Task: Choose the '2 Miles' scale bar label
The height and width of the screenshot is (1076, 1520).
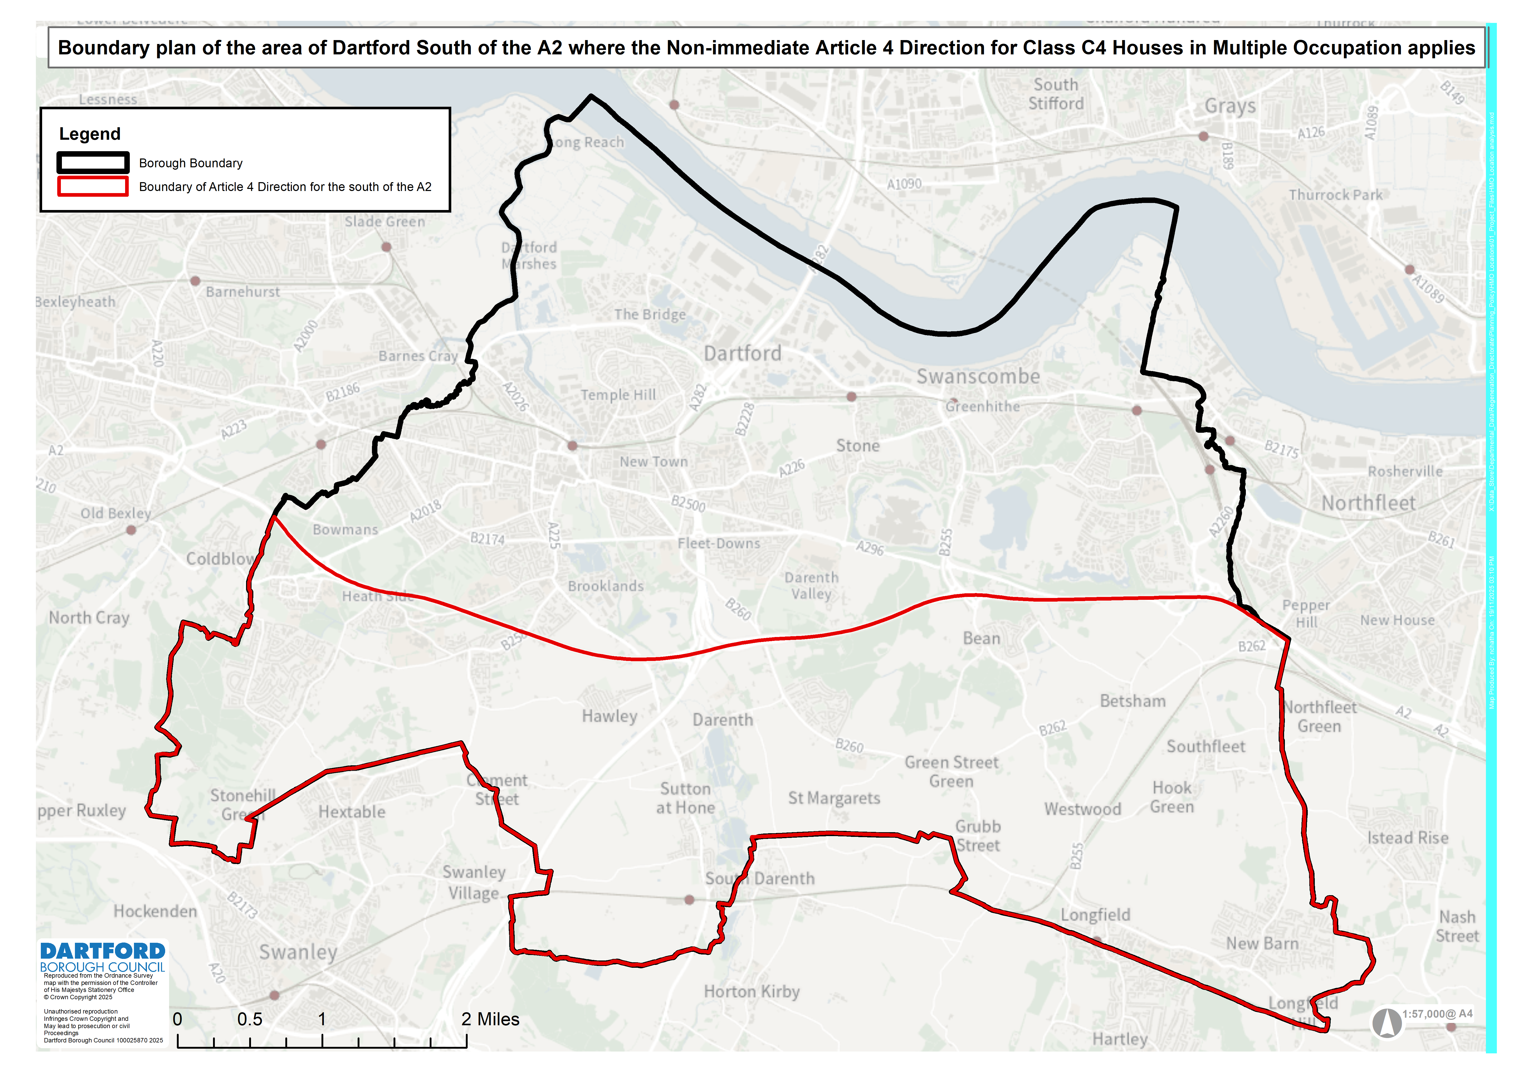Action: pos(490,1019)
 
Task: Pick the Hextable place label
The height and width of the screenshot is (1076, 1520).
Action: pos(352,812)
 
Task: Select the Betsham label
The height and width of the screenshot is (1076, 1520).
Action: pos(1132,701)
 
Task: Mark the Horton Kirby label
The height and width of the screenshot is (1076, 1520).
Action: pos(752,992)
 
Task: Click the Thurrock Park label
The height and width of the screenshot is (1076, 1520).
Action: pos(1335,195)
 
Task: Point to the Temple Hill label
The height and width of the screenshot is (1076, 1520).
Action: pos(618,395)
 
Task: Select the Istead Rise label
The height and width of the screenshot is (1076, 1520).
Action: pos(1407,838)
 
